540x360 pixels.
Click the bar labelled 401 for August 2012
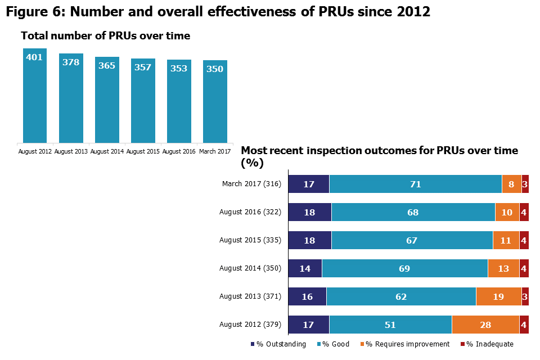pos(35,96)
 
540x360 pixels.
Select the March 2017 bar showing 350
pos(215,101)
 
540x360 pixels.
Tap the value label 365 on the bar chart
pos(107,65)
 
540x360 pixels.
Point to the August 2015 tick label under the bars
pos(143,151)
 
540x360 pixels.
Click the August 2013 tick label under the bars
pos(71,151)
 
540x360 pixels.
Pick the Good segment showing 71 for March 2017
pos(415,184)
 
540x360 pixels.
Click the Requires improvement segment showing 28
pos(485,325)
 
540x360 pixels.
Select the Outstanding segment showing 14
pos(305,268)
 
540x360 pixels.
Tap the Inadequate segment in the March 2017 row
pos(525,184)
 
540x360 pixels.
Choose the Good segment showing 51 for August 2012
pos(390,325)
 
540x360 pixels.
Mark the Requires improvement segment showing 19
pos(498,296)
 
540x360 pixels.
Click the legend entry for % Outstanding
pos(278,344)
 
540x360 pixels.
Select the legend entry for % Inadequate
pos(487,344)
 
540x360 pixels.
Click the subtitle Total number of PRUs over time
pos(106,36)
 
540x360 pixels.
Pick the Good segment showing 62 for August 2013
pos(400,296)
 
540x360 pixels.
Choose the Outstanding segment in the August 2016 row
pos(310,212)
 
